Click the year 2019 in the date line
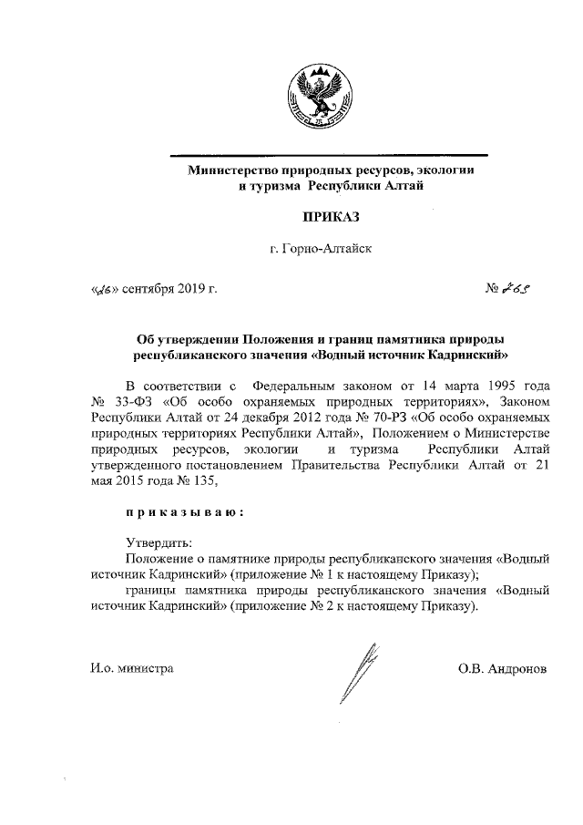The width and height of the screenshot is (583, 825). (x=189, y=291)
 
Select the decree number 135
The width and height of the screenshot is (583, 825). (x=202, y=483)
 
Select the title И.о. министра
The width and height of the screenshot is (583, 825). (x=132, y=668)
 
